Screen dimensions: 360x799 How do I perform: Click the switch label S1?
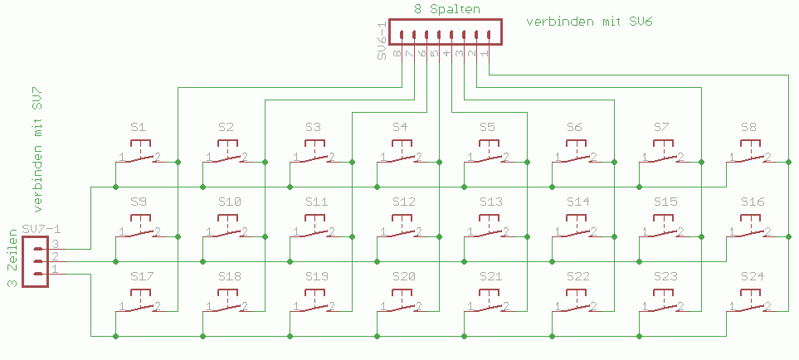click(139, 128)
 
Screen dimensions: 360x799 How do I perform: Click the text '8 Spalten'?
click(446, 8)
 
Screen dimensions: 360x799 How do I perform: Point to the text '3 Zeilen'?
click(12, 260)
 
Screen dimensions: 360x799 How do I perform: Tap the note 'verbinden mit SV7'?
click(38, 148)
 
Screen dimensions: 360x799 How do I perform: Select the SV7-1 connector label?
click(42, 229)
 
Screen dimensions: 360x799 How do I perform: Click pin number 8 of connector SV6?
click(397, 54)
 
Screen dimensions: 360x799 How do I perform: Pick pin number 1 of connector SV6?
click(485, 54)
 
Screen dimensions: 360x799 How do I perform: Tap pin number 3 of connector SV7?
click(56, 245)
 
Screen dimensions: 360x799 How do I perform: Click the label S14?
click(578, 202)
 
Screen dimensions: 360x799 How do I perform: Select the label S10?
click(230, 202)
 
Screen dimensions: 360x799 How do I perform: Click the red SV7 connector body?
click(35, 261)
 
